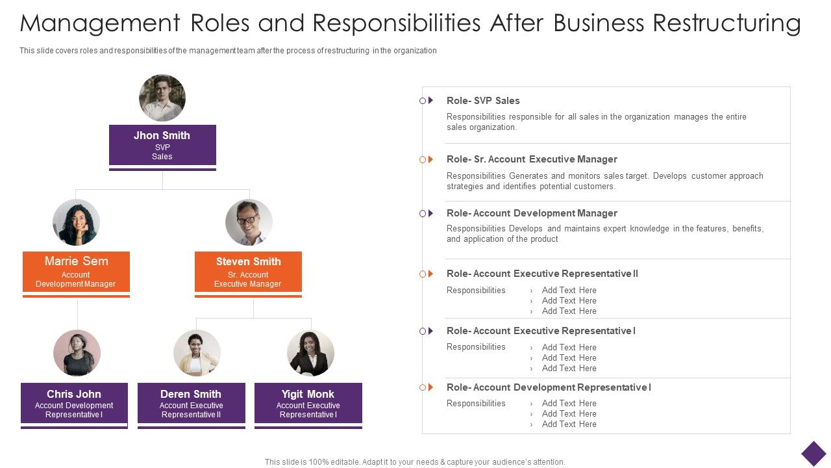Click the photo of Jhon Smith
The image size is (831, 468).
click(162, 98)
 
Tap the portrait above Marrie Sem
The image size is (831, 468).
click(76, 222)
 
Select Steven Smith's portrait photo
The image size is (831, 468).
click(249, 222)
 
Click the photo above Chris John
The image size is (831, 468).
click(77, 353)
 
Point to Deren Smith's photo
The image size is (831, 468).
click(197, 353)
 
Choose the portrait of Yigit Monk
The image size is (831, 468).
click(310, 353)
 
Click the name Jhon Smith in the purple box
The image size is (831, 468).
click(162, 135)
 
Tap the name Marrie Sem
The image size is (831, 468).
click(77, 261)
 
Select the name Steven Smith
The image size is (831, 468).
click(248, 261)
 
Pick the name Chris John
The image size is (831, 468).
click(74, 394)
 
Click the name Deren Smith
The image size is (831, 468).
click(191, 394)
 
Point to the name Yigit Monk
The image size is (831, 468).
click(308, 394)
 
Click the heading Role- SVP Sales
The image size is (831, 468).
click(483, 101)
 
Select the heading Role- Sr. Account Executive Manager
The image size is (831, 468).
click(532, 159)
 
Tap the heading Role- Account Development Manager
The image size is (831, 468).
click(532, 213)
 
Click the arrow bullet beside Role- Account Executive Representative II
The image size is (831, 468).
click(430, 274)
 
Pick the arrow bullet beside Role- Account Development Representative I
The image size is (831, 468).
click(430, 387)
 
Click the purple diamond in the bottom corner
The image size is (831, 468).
click(813, 454)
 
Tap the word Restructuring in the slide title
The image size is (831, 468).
click(726, 23)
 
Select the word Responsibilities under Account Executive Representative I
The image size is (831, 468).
click(476, 347)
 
